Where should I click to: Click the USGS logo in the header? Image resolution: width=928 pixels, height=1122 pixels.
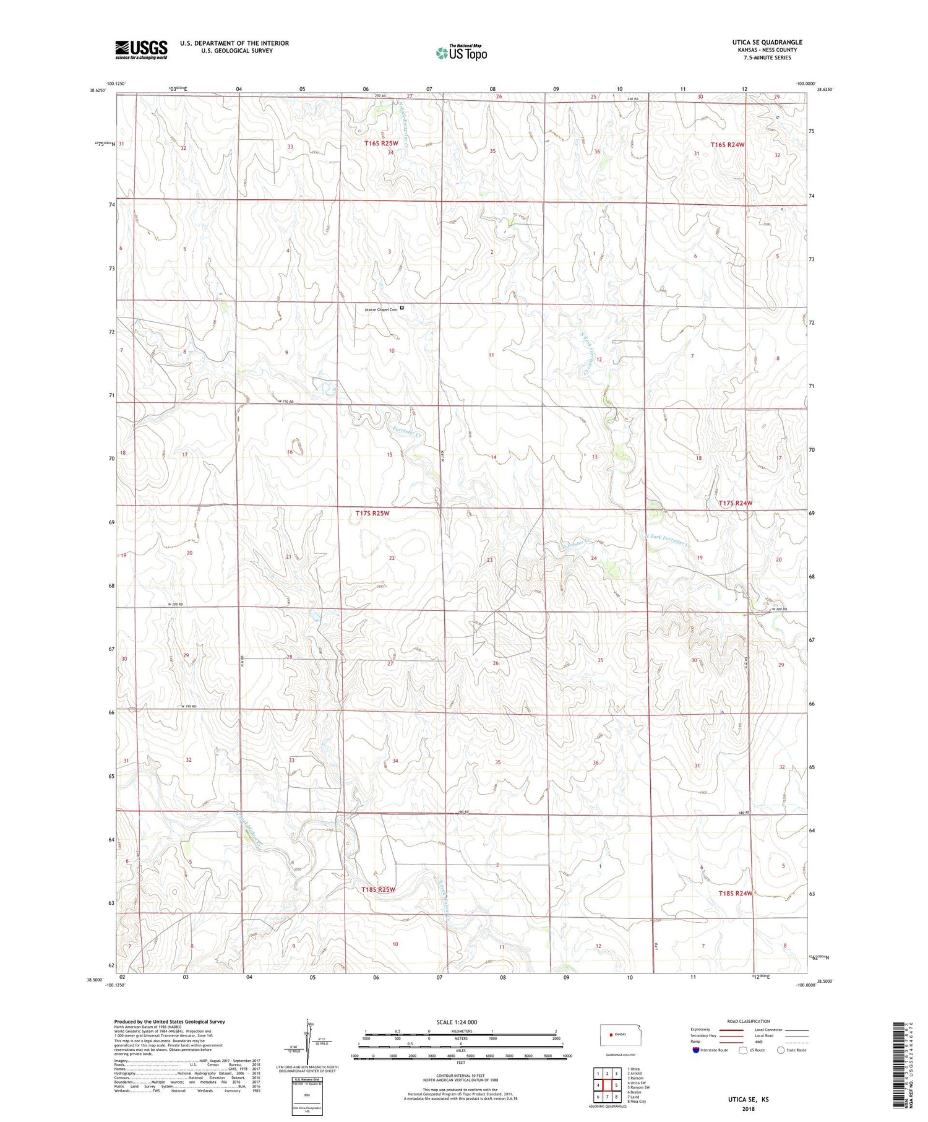(x=141, y=50)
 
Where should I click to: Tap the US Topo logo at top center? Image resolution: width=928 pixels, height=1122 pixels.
(x=461, y=53)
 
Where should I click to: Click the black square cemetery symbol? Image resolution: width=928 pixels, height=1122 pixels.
(x=402, y=308)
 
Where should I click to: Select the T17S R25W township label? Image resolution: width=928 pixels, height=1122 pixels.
(x=372, y=513)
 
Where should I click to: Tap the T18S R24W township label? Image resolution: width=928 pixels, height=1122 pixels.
(x=736, y=893)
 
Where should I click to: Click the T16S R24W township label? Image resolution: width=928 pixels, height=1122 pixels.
(x=728, y=144)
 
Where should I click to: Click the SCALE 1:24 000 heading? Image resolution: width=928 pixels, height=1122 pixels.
(x=457, y=1022)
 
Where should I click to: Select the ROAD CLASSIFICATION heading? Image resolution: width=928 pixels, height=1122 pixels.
(x=748, y=1021)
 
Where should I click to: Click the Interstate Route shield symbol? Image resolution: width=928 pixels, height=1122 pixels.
(x=697, y=1050)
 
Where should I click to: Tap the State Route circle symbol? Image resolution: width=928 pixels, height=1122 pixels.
(x=781, y=1050)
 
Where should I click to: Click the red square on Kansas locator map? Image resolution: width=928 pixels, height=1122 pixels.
(x=610, y=1034)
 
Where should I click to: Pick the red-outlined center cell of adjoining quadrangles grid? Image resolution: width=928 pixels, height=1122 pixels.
(x=607, y=1085)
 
